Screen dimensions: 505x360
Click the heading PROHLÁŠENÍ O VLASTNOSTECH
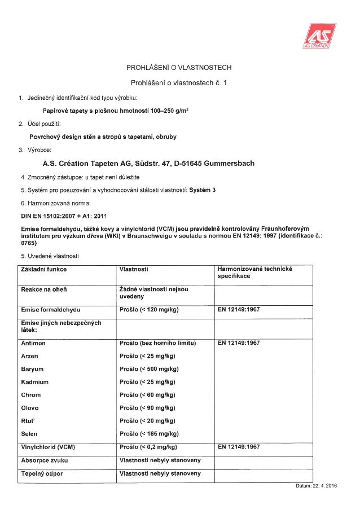click(x=179, y=68)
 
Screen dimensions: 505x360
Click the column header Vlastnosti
click(x=134, y=269)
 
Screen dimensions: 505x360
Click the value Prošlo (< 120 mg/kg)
click(x=150, y=310)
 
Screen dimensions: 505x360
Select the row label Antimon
click(x=33, y=343)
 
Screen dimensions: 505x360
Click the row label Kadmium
click(x=35, y=382)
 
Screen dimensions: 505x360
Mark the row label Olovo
click(x=30, y=408)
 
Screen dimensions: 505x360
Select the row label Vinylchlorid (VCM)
click(x=48, y=447)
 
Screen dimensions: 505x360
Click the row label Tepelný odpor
click(x=42, y=473)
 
